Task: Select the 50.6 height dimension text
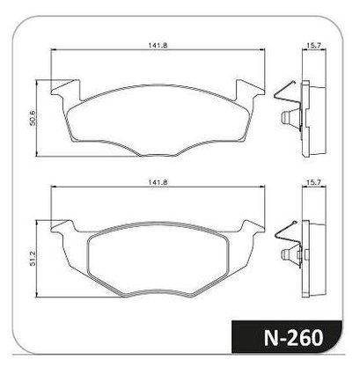[x=33, y=118]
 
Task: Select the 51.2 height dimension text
[x=33, y=258]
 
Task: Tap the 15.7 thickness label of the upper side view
[x=313, y=46]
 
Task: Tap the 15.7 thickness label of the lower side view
[x=313, y=182]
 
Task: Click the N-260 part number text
[x=293, y=338]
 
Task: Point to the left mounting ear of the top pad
[x=65, y=90]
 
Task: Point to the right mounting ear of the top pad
[x=250, y=90]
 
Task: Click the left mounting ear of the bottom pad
[x=62, y=226]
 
